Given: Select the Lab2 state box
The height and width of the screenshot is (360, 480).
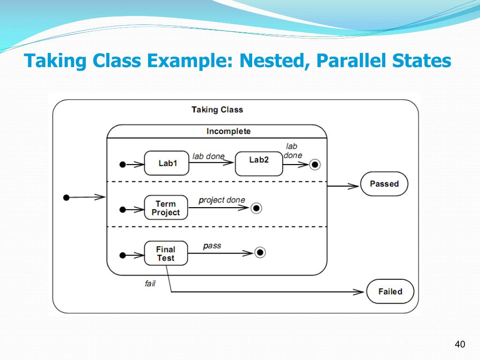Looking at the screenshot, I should tap(259, 163).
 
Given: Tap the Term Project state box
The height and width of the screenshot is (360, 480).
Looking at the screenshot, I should tap(165, 208).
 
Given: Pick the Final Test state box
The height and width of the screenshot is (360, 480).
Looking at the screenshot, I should tap(165, 253).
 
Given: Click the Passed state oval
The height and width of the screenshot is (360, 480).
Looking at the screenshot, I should tap(384, 184).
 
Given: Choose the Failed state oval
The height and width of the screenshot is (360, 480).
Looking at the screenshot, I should tap(390, 292).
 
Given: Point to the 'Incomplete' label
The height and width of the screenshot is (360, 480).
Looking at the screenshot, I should tap(228, 131).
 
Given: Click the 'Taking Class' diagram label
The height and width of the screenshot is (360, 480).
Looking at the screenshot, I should tap(217, 110).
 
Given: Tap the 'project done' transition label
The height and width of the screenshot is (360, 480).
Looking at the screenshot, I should tap(222, 200).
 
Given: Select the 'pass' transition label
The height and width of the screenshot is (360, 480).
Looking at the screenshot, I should tap(212, 246).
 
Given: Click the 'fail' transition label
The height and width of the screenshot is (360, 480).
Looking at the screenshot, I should tap(150, 284).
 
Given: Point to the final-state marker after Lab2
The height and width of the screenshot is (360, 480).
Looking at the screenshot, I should tap(315, 165).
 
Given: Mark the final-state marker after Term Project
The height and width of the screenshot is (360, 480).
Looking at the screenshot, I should tap(255, 208).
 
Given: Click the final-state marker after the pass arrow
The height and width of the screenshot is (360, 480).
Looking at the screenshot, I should tap(260, 253).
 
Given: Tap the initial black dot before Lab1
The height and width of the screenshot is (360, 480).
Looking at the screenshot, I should tap(123, 165).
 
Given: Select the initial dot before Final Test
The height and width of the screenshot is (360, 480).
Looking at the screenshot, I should tap(123, 255).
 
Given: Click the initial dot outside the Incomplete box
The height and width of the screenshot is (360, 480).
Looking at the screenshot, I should tap(66, 197).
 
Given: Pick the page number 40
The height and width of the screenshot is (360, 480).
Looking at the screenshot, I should tap(459, 345).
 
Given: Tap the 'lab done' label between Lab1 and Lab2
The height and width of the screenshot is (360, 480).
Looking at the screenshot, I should tap(209, 156).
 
